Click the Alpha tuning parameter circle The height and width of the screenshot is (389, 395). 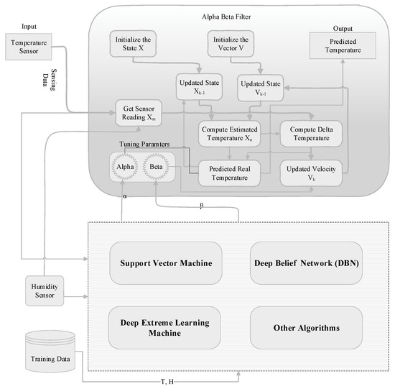pyautogui.click(x=122, y=167)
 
